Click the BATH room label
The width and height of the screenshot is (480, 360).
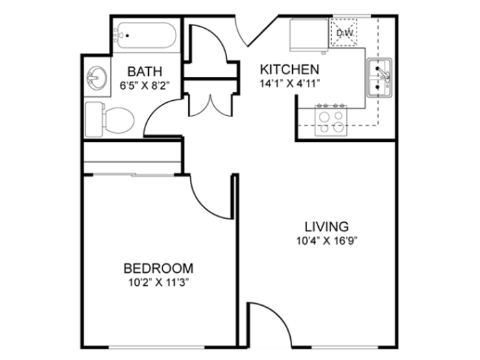[x=145, y=71]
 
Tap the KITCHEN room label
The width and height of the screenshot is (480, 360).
[x=289, y=69]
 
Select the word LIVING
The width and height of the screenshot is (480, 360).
[x=326, y=227]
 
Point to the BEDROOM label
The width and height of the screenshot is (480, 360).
[x=158, y=269]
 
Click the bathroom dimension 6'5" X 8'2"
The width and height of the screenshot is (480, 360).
[x=145, y=86]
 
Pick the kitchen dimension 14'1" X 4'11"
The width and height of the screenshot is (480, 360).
[x=289, y=84]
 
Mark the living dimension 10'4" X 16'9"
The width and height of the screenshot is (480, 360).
[x=327, y=241]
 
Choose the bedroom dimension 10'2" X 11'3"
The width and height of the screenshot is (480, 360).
[x=158, y=283]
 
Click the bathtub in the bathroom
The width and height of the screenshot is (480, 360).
[x=145, y=36]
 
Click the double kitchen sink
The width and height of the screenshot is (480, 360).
[x=380, y=77]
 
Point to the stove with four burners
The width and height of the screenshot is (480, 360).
[x=331, y=121]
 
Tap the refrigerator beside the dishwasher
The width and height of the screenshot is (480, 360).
[x=309, y=35]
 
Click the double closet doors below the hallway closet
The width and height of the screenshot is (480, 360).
[x=211, y=107]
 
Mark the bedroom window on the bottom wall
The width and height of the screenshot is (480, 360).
[x=156, y=347]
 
